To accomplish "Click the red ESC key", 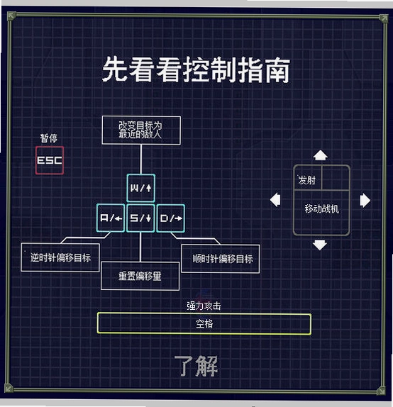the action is pos(50,160).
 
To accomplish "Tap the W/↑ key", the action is pos(140,188).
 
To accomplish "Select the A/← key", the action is pos(111,218).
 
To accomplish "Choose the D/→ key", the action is pos(171,218).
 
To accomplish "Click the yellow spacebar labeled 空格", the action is pos(204,323).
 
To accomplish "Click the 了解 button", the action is pos(196,366).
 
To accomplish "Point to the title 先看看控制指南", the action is pos(196,69).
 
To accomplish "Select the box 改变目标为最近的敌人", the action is pos(141,130).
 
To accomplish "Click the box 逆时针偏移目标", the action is pos(60,257).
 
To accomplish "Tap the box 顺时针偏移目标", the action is pos(221,259).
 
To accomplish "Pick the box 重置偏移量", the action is pos(140,276).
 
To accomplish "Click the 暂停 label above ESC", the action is pos(49,138).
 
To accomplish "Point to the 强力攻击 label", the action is pos(204,306).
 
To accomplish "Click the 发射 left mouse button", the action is pos(308,178).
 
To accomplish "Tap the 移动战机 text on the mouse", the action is pos(322,208).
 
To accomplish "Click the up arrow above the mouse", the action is pos(320,155).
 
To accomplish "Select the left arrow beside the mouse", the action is pos(275,200).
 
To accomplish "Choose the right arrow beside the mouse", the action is pos(365,201).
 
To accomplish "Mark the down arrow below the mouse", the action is pos(320,245).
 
